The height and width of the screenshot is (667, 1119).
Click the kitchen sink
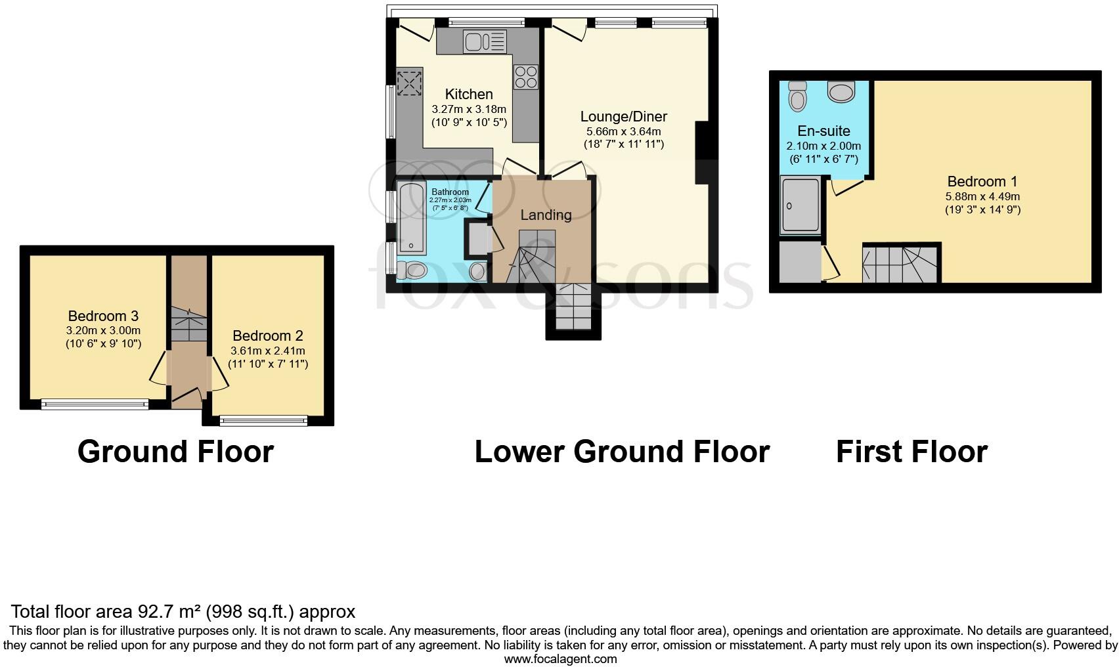485,43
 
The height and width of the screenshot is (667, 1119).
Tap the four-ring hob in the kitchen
526,77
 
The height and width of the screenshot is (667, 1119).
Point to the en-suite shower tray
800,205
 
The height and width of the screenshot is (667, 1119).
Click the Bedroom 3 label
103,316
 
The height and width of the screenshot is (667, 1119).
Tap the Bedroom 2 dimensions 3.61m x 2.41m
267,351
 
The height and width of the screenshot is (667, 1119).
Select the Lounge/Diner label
623,117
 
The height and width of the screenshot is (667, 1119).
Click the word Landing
546,215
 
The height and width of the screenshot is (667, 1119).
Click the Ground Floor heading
175,452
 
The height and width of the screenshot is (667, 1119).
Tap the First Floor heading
911,452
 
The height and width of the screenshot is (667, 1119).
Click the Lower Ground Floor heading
621,452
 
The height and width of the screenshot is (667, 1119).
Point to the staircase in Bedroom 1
901,263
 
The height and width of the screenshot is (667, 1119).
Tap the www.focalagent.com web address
560,659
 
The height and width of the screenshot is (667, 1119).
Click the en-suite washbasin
841,92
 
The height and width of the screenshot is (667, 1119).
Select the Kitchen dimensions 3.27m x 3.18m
468,109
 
